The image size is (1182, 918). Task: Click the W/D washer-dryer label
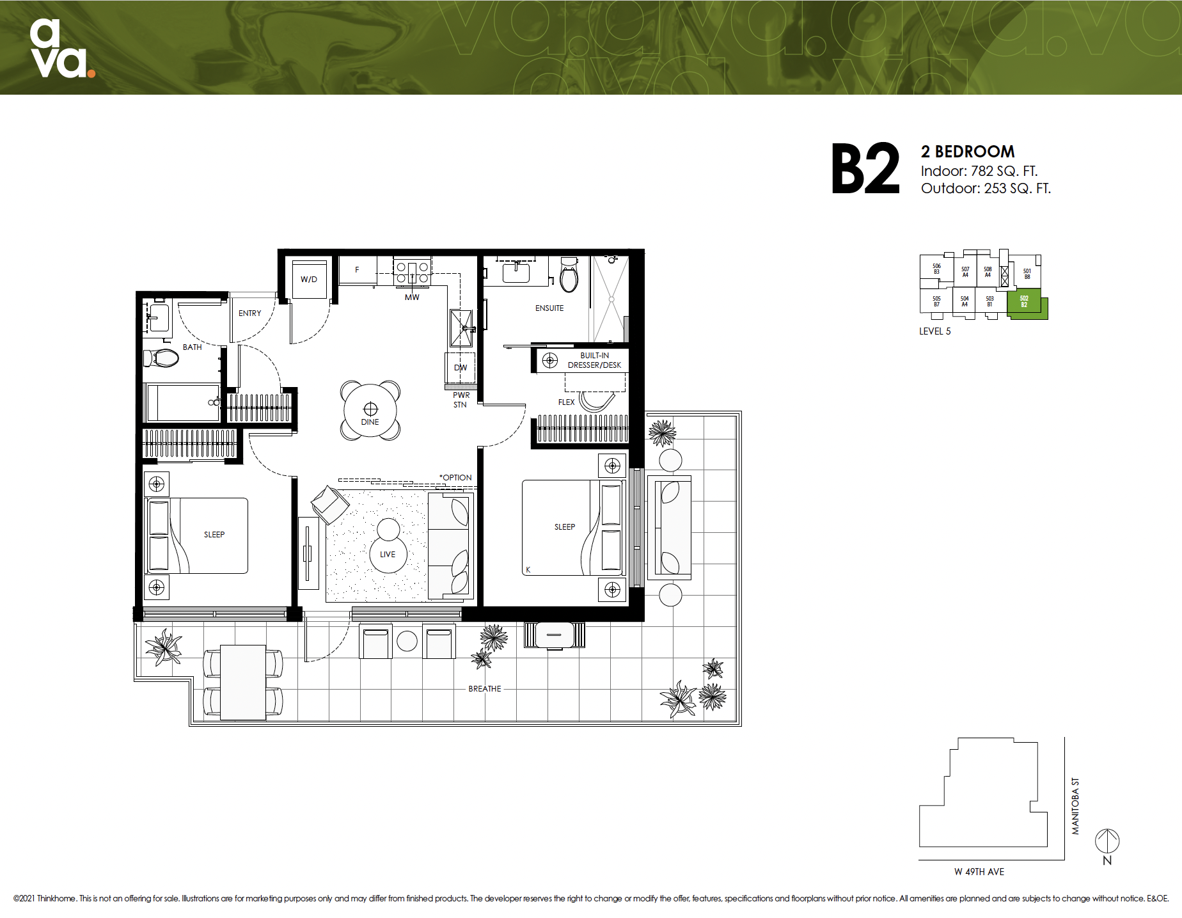click(x=309, y=280)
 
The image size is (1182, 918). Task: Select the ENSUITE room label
click(x=549, y=308)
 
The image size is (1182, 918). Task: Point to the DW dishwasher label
click(x=461, y=368)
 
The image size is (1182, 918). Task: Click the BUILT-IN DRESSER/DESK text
click(x=594, y=360)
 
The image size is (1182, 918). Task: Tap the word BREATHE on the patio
click(x=485, y=689)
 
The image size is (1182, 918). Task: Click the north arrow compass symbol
click(x=1107, y=841)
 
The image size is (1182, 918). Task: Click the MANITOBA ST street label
click(x=1075, y=806)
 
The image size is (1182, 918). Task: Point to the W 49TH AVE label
click(x=979, y=872)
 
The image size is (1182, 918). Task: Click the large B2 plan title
click(x=865, y=169)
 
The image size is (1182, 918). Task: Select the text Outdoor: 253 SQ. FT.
click(x=986, y=189)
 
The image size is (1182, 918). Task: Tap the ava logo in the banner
click(x=61, y=49)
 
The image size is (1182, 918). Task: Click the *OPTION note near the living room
click(x=455, y=478)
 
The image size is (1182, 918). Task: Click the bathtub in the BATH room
click(x=183, y=402)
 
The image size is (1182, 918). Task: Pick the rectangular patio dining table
click(x=243, y=682)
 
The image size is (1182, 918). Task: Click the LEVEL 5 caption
click(x=934, y=331)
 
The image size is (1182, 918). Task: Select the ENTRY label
click(x=249, y=313)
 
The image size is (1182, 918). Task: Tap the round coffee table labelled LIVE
click(x=388, y=554)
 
